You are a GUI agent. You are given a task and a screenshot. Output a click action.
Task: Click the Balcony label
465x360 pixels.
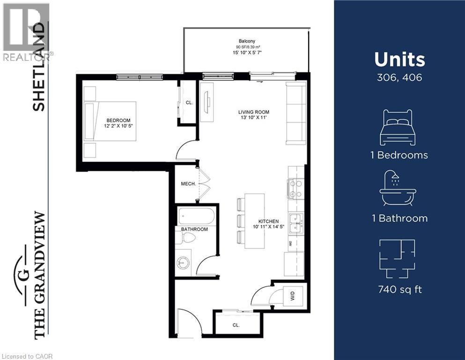tap(246, 41)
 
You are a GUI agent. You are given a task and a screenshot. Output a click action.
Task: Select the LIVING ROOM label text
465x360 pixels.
tap(254, 112)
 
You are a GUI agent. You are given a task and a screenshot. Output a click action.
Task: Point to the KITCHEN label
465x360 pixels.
tap(269, 222)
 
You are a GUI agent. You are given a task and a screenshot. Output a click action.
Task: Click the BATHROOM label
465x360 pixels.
tap(194, 229)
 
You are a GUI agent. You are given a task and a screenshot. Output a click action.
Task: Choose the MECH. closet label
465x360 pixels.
tap(188, 184)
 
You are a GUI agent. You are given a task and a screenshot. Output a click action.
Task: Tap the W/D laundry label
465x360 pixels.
tap(292, 297)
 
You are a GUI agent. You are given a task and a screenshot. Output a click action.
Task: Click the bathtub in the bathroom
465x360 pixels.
tap(197, 217)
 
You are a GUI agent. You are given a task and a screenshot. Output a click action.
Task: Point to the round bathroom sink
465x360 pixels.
tap(184, 262)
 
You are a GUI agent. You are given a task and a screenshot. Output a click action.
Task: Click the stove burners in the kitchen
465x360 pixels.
tap(295, 189)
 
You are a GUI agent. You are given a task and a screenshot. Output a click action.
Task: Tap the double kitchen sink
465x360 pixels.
tap(296, 223)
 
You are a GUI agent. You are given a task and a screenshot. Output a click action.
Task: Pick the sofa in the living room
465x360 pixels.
tap(295, 112)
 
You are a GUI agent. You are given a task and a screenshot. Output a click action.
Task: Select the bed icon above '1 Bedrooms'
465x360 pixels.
tap(398, 127)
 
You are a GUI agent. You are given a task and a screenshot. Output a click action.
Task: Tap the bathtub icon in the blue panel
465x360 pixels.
tap(398, 188)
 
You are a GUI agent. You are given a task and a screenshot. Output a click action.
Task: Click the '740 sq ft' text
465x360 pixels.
tap(400, 289)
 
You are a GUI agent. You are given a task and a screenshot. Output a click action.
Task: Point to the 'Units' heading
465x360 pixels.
tap(399, 60)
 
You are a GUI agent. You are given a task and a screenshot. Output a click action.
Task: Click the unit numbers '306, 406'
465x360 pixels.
tap(399, 77)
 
